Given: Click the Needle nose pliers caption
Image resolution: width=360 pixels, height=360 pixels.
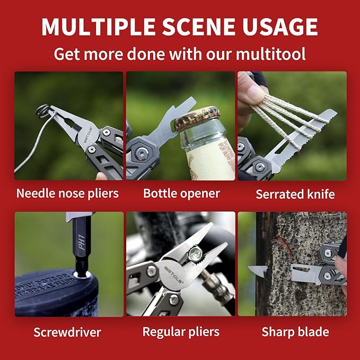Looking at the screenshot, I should click(67, 193).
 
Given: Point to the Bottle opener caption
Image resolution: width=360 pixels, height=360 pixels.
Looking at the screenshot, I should click(181, 193).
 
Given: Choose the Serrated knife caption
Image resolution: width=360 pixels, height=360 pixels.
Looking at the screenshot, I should click(295, 194).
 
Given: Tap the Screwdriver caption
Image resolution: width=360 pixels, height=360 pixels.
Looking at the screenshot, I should click(67, 332).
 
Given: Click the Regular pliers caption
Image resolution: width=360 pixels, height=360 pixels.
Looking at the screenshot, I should click(181, 332).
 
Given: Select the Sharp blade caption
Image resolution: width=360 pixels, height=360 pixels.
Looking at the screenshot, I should click(295, 332).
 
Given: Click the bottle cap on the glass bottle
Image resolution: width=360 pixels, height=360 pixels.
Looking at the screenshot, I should click(197, 118).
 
